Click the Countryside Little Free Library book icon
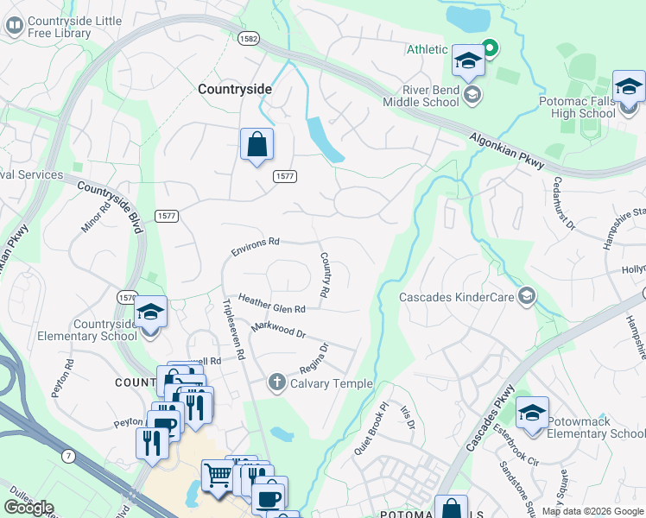click(14, 25)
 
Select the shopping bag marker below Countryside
click(257, 145)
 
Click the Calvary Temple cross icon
click(277, 382)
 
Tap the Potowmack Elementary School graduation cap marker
click(532, 413)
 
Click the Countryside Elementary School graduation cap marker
click(150, 312)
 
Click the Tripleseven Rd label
click(233, 329)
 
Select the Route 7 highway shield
click(67, 455)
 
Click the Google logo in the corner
click(28, 508)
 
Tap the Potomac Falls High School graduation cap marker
click(629, 87)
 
